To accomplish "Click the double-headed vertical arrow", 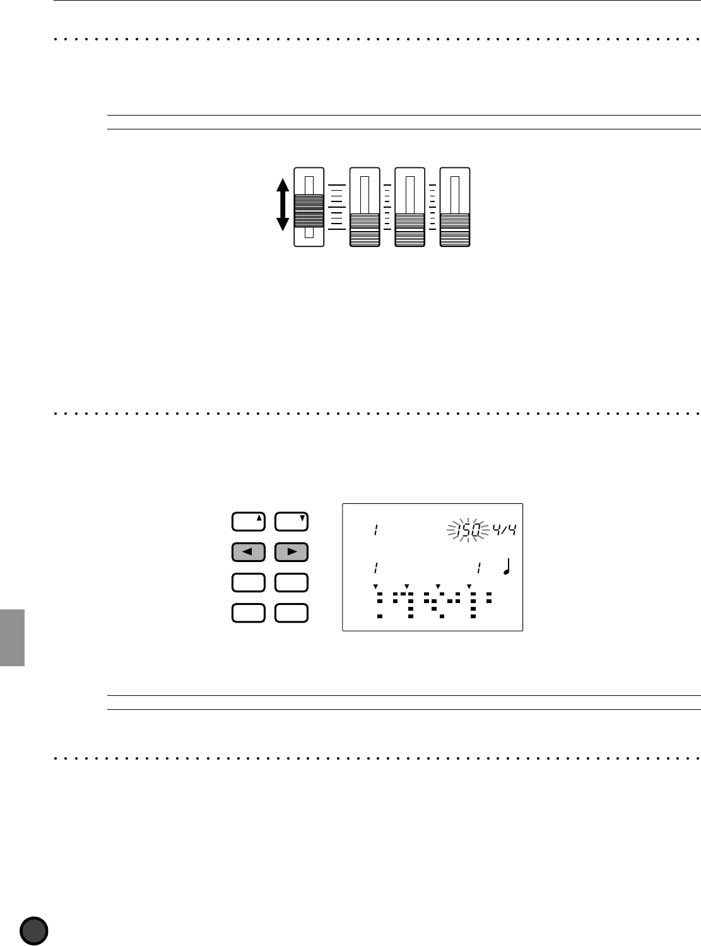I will click(283, 205).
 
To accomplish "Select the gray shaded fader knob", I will click(309, 210).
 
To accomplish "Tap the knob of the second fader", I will click(365, 229).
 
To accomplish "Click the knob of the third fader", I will click(409, 229).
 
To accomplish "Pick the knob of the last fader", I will click(455, 229).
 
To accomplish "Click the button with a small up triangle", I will click(249, 522).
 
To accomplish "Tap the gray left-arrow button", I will click(249, 552).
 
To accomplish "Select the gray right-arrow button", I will click(292, 552).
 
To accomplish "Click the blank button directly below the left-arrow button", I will click(249, 582).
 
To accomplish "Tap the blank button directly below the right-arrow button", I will click(292, 582).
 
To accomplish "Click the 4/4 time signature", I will click(505, 530).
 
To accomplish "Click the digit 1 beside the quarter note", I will click(479, 568).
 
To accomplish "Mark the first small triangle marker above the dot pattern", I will click(375, 587).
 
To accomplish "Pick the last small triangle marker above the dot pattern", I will click(469, 587).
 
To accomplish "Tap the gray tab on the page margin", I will click(13, 637).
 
